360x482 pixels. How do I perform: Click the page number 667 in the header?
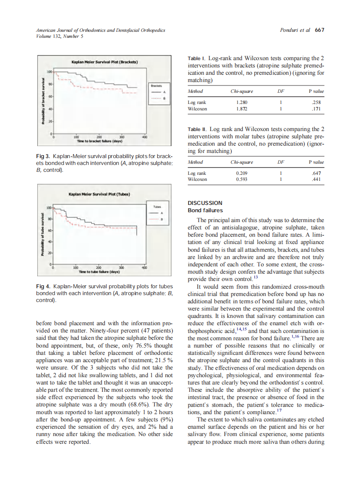coord(319,30)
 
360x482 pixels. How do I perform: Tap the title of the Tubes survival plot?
coord(99,194)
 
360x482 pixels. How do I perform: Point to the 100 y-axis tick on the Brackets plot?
coord(49,71)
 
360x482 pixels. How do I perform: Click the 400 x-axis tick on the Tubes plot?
coord(144,267)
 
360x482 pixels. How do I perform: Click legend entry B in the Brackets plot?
coord(158,98)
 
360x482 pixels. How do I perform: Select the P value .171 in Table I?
coord(318,109)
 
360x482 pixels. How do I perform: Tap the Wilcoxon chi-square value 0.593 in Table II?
coord(242,179)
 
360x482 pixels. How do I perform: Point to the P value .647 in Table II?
coord(318,173)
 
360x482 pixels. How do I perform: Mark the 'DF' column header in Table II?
coord(281,162)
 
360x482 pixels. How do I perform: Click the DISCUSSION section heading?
coord(205,203)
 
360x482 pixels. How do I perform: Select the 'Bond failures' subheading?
coord(205,210)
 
